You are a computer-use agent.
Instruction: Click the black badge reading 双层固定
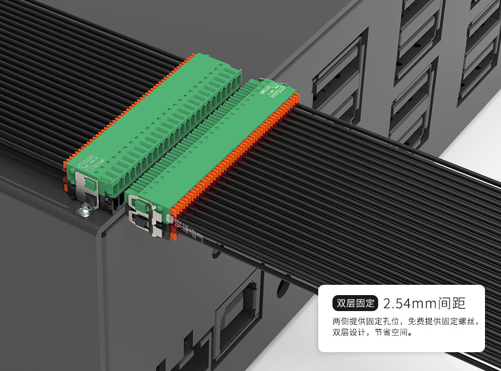point(355,303)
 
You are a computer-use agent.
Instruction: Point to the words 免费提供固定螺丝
point(443,321)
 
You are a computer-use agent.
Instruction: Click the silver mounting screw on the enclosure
point(84,211)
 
